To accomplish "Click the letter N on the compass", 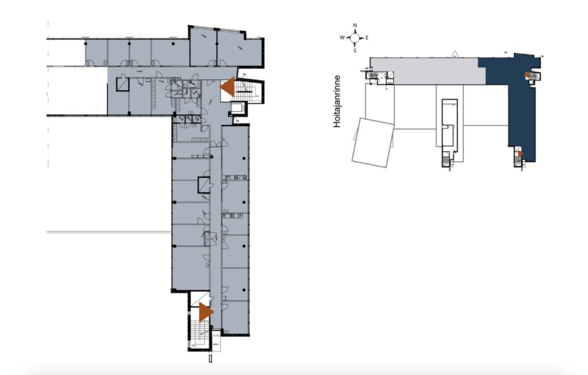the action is (355, 25).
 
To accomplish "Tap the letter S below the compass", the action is (355, 51).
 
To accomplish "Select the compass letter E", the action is (367, 37).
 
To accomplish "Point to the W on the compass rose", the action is (342, 37).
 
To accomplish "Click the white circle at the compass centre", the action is (355, 37).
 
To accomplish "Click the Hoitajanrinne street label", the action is (336, 101).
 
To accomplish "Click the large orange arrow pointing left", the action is (227, 87).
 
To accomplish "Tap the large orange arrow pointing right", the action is (206, 312).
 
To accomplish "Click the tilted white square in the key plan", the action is (373, 143).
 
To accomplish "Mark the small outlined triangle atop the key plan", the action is (455, 53).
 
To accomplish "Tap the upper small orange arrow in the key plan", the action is (527, 75).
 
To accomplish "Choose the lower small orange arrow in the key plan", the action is (520, 154).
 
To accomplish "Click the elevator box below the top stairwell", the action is (237, 108).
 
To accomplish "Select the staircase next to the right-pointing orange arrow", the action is (195, 331).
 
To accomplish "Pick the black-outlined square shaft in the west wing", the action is (122, 84).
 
